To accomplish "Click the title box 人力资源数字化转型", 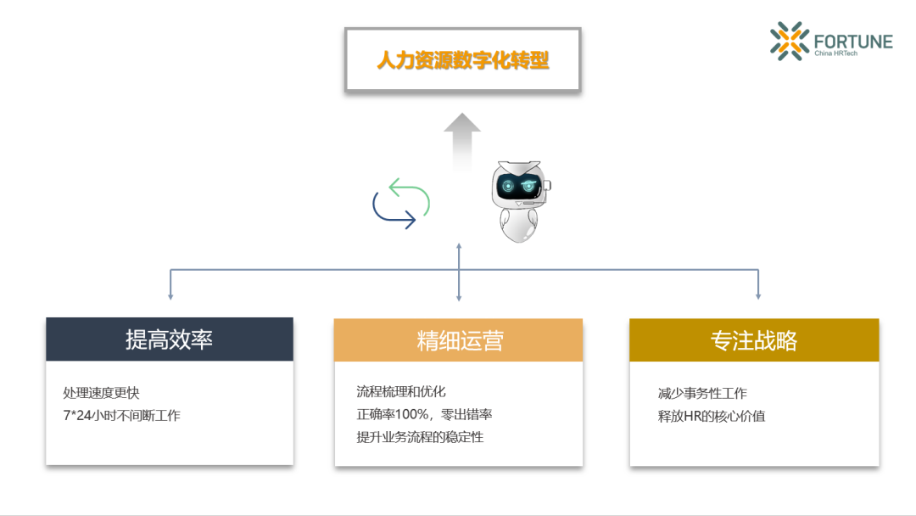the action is point(462,60).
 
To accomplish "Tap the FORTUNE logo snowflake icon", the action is point(790,41).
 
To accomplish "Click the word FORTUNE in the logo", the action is point(852,41).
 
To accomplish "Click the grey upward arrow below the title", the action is point(462,140).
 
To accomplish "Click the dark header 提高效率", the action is point(170,339).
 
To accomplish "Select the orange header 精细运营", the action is point(459,340).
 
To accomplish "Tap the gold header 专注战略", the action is point(754,340).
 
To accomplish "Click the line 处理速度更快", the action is point(101,393).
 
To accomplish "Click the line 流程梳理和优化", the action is point(401,391).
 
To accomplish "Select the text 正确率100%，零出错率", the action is point(424,414).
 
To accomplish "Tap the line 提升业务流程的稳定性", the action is point(420,437).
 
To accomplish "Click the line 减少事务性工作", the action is point(702,393).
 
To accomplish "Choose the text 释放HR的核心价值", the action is point(712,416).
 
